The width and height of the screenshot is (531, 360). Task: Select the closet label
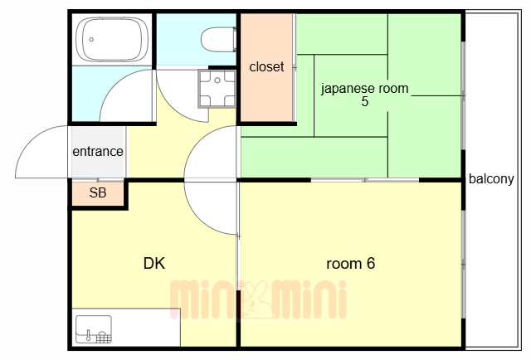[x=266, y=66]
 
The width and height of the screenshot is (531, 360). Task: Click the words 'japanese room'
[x=365, y=88]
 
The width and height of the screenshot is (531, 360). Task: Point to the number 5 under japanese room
[x=365, y=102]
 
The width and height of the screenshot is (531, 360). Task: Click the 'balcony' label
[x=491, y=178]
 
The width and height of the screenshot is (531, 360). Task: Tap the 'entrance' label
[x=98, y=152]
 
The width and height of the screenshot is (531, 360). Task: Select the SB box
[x=97, y=194]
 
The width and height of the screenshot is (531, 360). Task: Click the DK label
[x=154, y=264]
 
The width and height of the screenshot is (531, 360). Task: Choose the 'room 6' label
[x=351, y=264]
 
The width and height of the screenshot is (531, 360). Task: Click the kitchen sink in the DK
[x=93, y=329]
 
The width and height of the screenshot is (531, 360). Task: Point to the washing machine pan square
[x=217, y=89]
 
